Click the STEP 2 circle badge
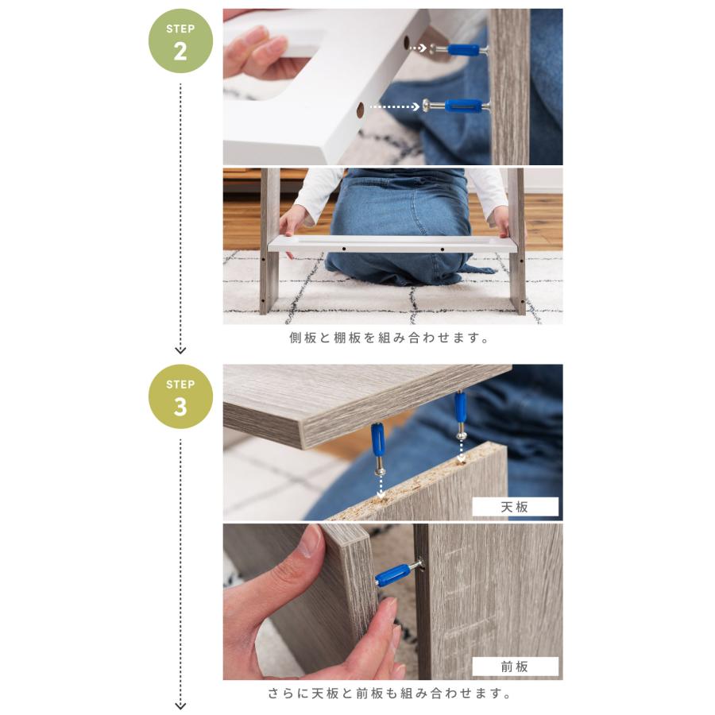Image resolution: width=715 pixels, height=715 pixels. point(180,41)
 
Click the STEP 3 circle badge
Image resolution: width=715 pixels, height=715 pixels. point(180,396)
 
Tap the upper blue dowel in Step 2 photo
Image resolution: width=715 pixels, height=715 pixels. point(461,49)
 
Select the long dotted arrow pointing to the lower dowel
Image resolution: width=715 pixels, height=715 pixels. point(394,106)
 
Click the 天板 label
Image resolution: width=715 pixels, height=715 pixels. point(515,507)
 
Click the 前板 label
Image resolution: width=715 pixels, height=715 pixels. point(515,667)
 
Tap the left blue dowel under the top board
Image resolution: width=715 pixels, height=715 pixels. point(377,439)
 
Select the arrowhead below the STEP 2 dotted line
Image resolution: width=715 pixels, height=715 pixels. point(180,350)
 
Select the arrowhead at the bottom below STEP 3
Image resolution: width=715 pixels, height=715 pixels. point(180,705)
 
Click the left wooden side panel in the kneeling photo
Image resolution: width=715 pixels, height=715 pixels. point(269,246)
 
